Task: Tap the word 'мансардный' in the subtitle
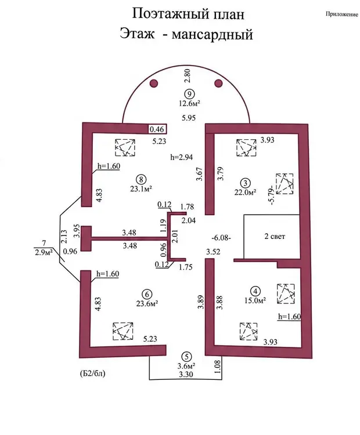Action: pos(215,35)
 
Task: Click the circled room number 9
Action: pos(188,95)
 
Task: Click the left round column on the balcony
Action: pos(154,84)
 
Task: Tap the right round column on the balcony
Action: pos(219,84)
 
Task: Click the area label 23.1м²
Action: pos(141,188)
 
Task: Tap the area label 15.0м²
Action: pos(255,300)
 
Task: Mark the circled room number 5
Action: pos(186,357)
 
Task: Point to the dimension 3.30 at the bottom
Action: pos(186,375)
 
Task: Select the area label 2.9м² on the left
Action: pos(45,252)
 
